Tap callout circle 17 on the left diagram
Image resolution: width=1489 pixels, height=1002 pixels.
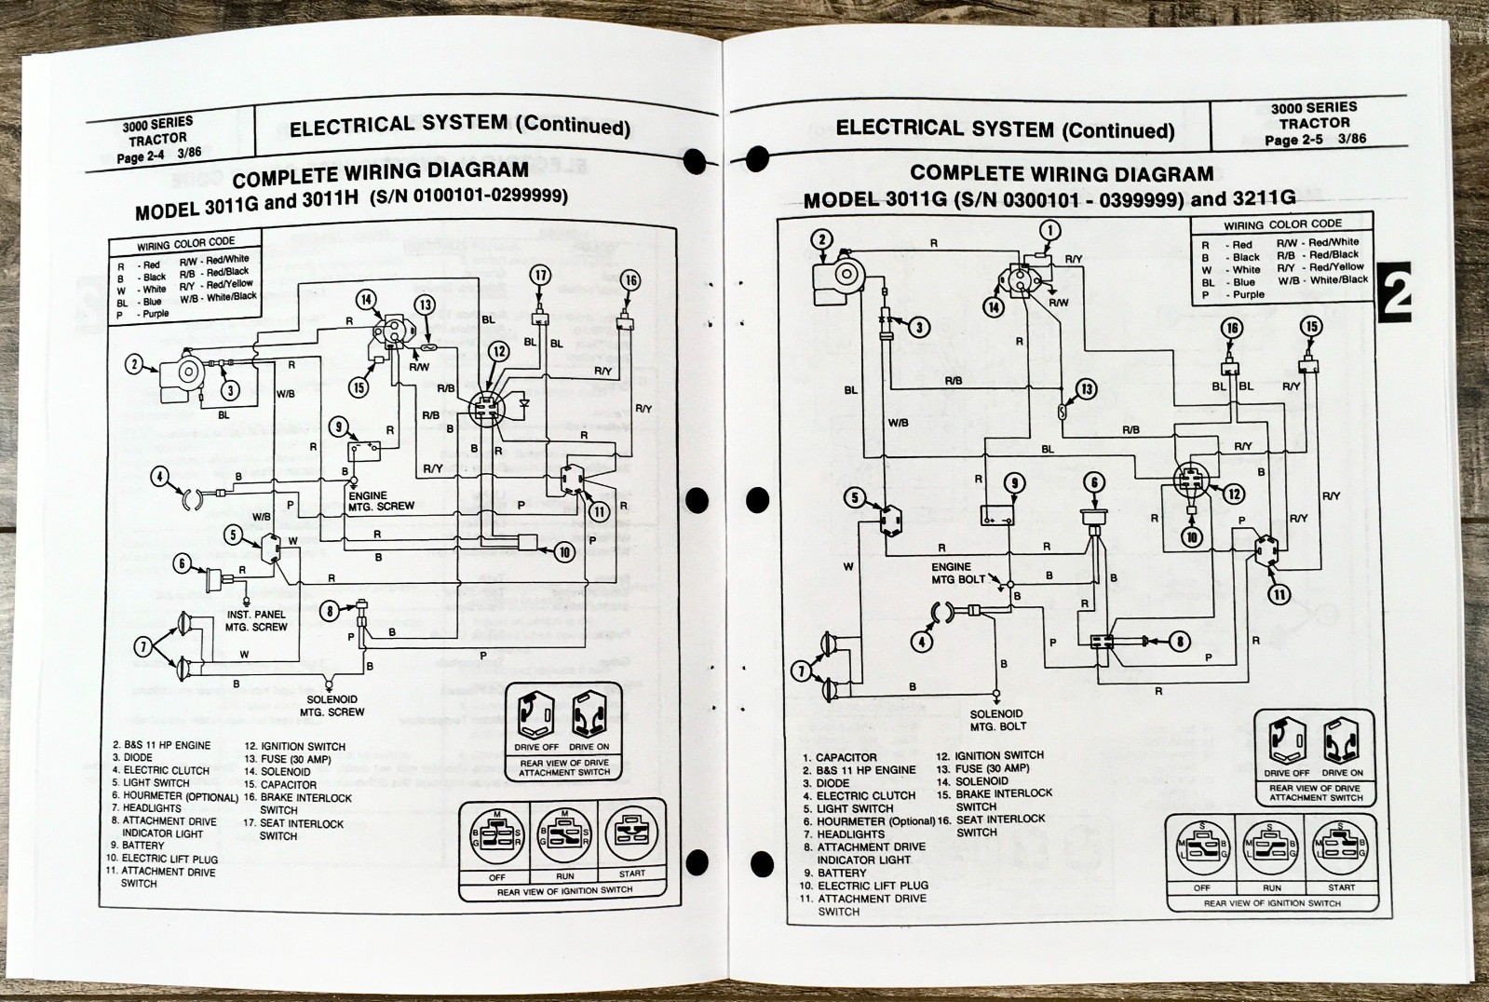click(x=540, y=276)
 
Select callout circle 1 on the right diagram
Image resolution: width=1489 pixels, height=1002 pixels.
click(x=1049, y=231)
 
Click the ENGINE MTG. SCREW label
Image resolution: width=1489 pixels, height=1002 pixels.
click(x=381, y=501)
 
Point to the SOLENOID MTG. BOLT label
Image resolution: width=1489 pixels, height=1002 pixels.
click(x=996, y=720)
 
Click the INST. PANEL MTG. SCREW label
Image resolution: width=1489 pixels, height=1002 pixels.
click(x=256, y=621)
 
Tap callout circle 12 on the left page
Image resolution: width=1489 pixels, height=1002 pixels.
click(x=499, y=351)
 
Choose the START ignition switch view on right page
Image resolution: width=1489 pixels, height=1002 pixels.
click(x=1340, y=848)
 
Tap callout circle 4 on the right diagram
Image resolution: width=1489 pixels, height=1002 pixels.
click(x=922, y=642)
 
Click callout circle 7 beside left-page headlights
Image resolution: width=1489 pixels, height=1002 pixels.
click(x=142, y=647)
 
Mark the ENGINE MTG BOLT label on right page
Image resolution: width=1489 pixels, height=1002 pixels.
click(x=957, y=573)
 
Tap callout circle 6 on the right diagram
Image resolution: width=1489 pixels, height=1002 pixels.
click(x=1095, y=482)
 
